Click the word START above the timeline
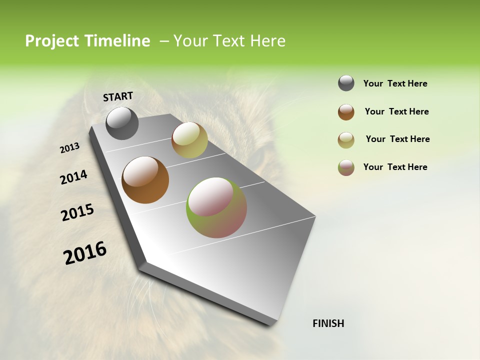[118, 96]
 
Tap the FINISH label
[328, 323]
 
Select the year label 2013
[69, 148]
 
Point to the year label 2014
[73, 177]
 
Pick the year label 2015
[77, 212]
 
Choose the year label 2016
[85, 253]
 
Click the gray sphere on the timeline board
[122, 123]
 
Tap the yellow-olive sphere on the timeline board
[189, 140]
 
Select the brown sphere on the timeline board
[145, 180]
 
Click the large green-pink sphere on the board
[216, 207]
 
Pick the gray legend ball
[346, 83]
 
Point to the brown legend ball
[346, 112]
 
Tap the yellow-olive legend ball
[346, 140]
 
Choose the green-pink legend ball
[346, 167]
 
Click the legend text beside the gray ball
[395, 83]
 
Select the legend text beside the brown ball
[396, 111]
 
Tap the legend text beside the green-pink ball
[395, 167]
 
